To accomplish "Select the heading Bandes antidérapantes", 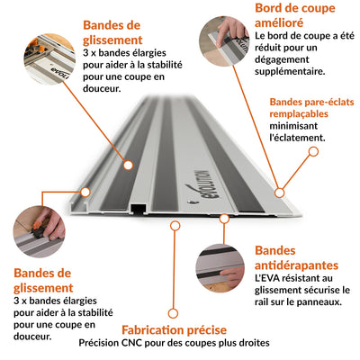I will [x=297, y=257].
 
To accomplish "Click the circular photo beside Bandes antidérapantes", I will [x=221, y=269].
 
